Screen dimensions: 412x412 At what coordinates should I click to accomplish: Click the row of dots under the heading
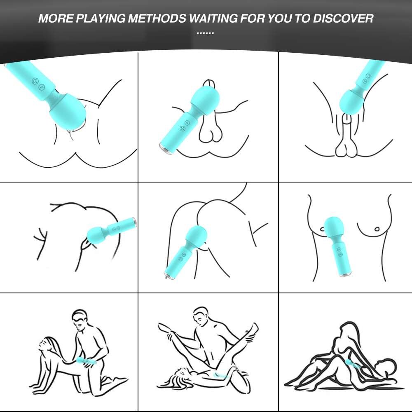pos(205,33)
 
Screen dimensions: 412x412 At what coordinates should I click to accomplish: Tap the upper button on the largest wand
pos(35,81)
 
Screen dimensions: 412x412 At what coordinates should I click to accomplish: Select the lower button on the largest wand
pos(42,87)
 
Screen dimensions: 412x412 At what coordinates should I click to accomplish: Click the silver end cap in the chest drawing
pos(345,275)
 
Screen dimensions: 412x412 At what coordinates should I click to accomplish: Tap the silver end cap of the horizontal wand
pos(135,223)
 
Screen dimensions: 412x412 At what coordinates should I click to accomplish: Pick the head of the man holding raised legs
pos(201,316)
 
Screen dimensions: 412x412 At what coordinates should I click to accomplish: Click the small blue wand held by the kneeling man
pos(86,361)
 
